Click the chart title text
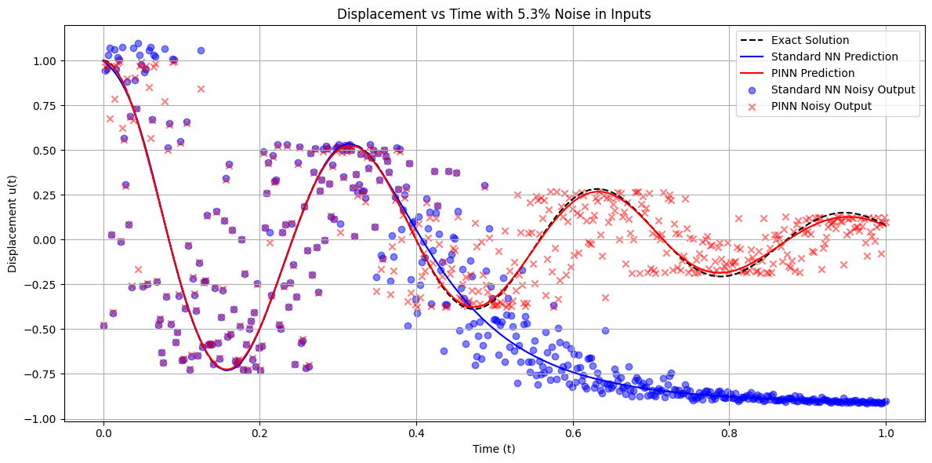point(494,13)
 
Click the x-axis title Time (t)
point(494,449)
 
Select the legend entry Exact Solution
point(810,40)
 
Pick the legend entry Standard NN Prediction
point(834,57)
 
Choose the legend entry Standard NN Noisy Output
point(843,89)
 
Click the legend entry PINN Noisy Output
point(821,106)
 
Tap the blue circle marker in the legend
point(752,89)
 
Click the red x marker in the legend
point(752,106)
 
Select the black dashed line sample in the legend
point(752,40)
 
